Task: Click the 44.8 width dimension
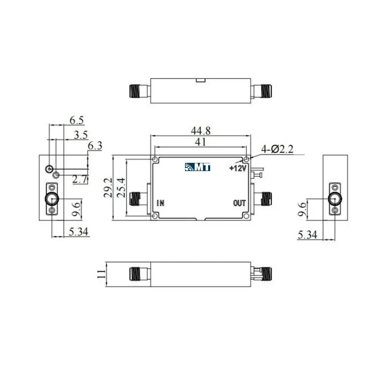tap(201, 131)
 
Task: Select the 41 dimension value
tap(200, 142)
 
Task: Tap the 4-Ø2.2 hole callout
tap(277, 149)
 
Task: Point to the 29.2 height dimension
tap(108, 188)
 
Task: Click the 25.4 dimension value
tap(121, 188)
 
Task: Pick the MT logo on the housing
tap(198, 167)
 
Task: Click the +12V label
tap(238, 168)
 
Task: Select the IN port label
tap(161, 203)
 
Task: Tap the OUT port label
tap(239, 203)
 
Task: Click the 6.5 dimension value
tap(77, 120)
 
